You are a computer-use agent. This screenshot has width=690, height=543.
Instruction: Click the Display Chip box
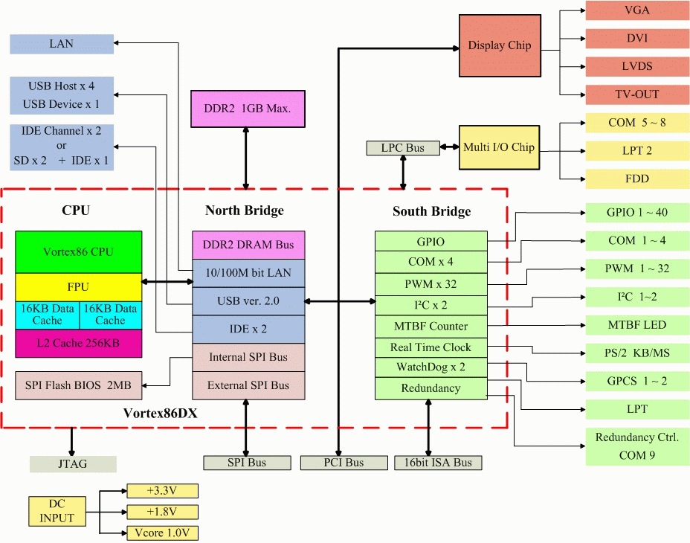tap(499, 46)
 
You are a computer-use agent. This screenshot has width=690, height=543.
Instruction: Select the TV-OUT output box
tap(636, 94)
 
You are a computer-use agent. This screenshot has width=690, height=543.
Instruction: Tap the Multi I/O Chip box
tap(498, 147)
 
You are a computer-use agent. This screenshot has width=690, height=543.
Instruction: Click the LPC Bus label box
tap(402, 148)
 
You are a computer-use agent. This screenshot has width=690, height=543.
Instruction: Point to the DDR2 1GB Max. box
tap(248, 109)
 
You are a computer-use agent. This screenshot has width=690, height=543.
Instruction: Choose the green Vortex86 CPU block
tap(78, 251)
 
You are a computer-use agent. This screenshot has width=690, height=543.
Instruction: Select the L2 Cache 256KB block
tap(78, 343)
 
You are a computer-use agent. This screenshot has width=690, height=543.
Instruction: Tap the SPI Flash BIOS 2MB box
tap(78, 385)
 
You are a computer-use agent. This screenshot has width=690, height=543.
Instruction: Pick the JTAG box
tap(73, 463)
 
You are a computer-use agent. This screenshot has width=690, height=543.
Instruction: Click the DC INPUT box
tap(57, 511)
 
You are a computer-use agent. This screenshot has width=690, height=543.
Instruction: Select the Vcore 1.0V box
tap(162, 533)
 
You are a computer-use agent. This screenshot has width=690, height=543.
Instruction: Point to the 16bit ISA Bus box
tap(437, 463)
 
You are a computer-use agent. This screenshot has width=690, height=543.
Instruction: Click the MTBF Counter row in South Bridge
tap(431, 326)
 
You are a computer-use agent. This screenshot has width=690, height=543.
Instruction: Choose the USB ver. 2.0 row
tap(248, 301)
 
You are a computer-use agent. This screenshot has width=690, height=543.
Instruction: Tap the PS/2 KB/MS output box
tap(636, 353)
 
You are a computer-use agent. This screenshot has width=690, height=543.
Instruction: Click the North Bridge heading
tap(244, 211)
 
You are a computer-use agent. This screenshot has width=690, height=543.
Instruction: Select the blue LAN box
tap(62, 44)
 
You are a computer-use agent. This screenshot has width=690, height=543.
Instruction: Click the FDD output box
tap(636, 179)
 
